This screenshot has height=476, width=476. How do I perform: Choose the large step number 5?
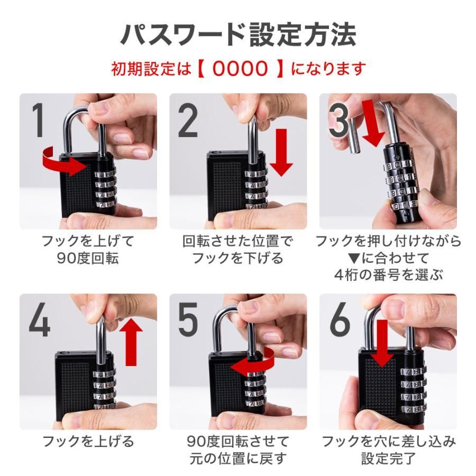tap(188, 321)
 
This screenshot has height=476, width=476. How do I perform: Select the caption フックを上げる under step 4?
tap(88, 441)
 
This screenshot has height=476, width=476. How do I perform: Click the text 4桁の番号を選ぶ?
tap(388, 275)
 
